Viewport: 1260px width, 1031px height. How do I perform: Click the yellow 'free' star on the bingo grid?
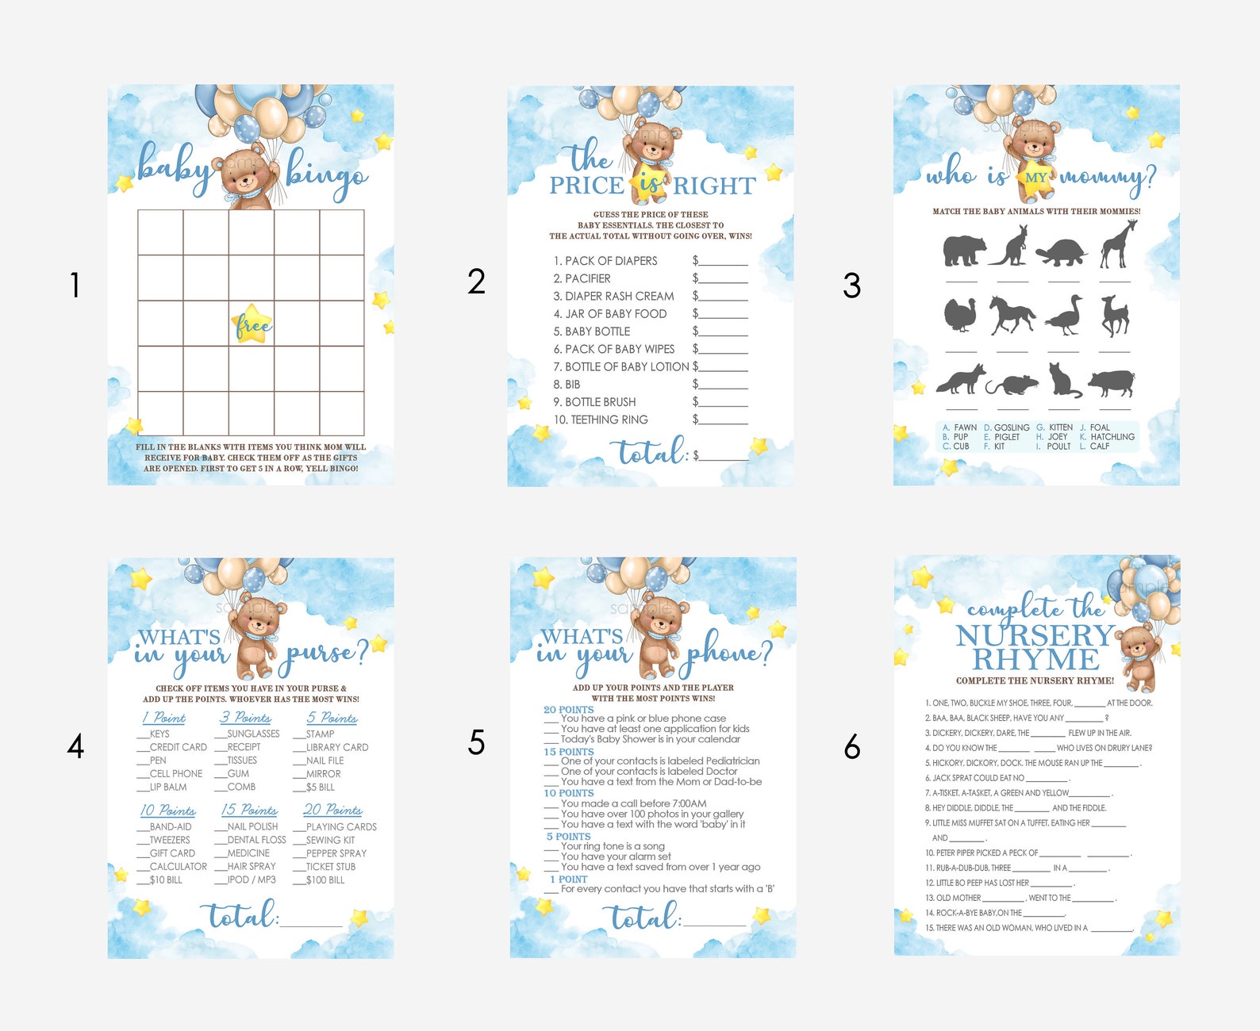(x=252, y=324)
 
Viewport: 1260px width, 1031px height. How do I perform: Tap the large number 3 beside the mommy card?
(x=851, y=286)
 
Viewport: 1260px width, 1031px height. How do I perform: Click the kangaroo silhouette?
(x=1011, y=246)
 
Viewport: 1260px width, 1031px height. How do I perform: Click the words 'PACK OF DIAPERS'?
(x=611, y=261)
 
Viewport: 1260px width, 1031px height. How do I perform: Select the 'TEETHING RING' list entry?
(x=609, y=420)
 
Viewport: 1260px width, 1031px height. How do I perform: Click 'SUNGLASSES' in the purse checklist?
(x=253, y=734)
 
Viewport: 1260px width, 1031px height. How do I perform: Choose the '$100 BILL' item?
(x=325, y=880)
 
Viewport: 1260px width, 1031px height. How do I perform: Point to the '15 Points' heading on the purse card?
(x=249, y=810)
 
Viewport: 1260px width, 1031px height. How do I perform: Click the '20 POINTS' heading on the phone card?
(x=569, y=710)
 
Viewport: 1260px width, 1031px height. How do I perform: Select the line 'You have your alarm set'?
(x=616, y=857)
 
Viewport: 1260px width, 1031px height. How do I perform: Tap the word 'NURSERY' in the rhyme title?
(x=1035, y=635)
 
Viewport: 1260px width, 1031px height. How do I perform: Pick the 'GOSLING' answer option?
(x=1012, y=427)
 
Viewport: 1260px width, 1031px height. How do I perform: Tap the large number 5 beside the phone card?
(x=476, y=742)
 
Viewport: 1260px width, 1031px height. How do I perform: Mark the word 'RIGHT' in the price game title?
(x=714, y=186)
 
